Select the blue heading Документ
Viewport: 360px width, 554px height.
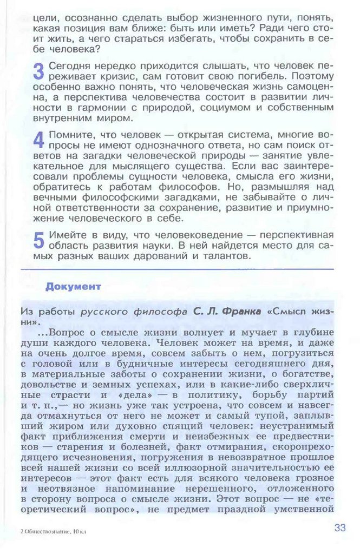pyautogui.click(x=73, y=286)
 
